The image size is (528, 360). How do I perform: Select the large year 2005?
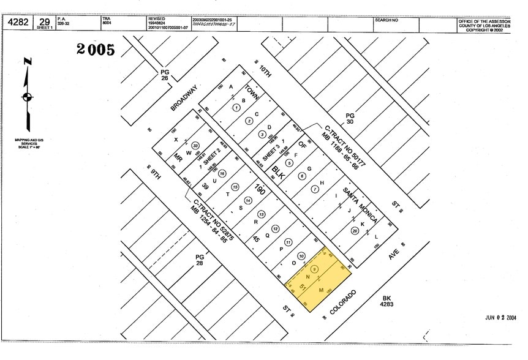point(96,50)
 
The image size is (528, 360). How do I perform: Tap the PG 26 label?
point(164,75)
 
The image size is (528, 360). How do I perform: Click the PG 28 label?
point(199,260)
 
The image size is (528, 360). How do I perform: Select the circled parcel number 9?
point(314,269)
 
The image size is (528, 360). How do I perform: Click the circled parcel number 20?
point(355,231)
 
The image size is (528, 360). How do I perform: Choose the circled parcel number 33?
point(195,145)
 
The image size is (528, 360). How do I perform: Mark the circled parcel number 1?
point(236,107)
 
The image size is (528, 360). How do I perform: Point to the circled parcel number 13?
point(262,214)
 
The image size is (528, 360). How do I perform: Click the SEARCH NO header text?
point(387,20)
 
